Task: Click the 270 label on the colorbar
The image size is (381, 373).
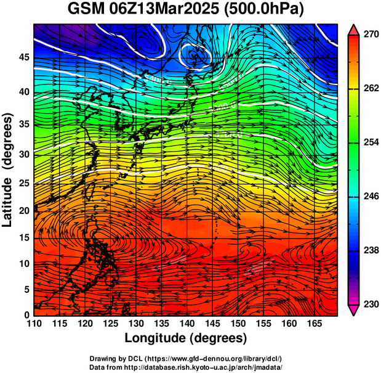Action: coord(371,35)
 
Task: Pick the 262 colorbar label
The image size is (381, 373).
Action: coord(371,89)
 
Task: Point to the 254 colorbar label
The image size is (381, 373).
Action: coord(371,142)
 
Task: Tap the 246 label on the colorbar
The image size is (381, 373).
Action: coord(371,197)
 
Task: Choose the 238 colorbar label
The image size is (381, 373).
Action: coord(371,250)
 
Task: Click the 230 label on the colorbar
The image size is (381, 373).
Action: coord(371,304)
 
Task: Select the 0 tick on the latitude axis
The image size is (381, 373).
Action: coord(26,315)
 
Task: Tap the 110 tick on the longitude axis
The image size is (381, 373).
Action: coord(34,324)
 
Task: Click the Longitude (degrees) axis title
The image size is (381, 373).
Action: coord(186,338)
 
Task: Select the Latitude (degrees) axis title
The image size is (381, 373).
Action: coord(8,170)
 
